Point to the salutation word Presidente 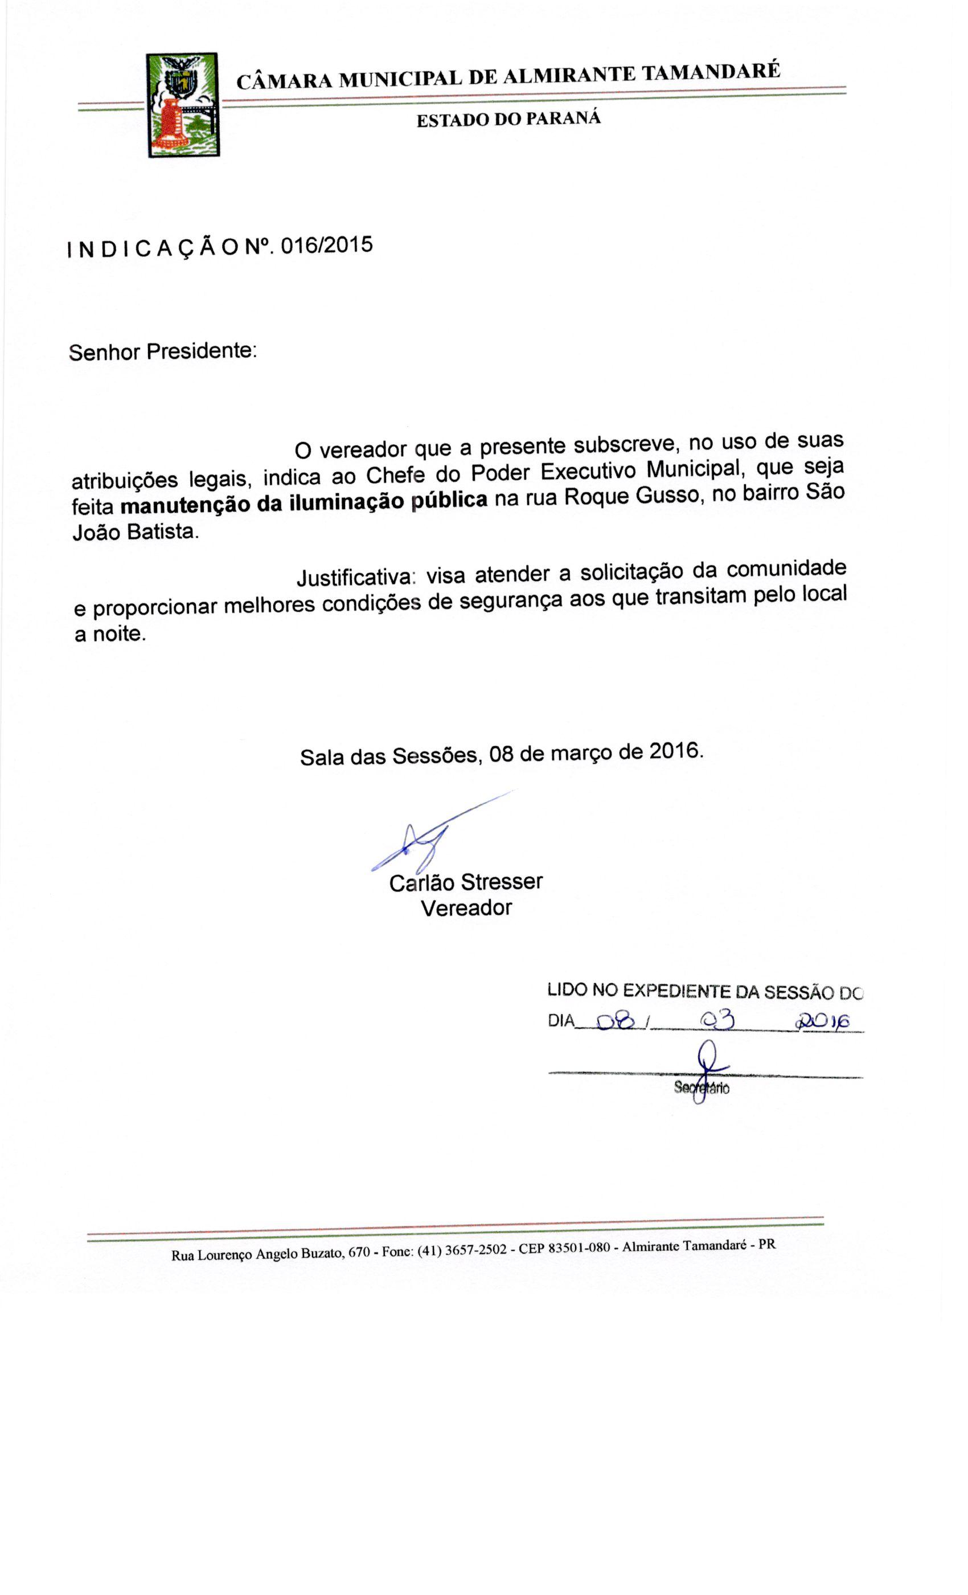click(x=201, y=351)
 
